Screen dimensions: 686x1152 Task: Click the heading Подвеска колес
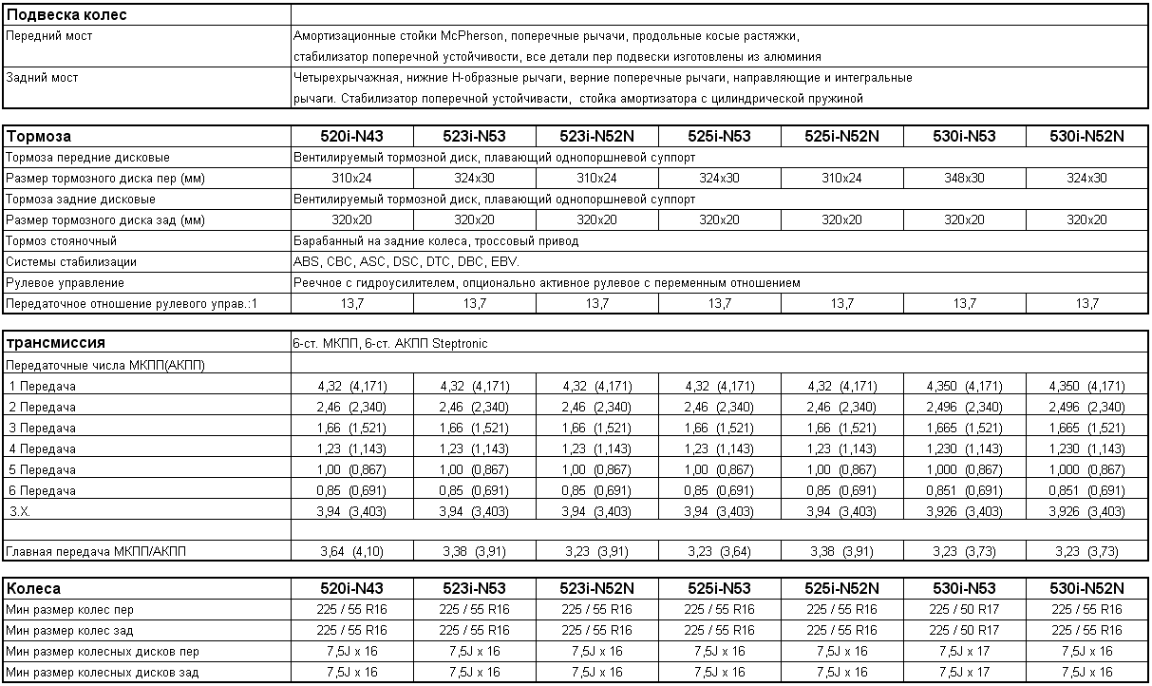pos(66,14)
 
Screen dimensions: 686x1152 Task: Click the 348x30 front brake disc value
pos(964,179)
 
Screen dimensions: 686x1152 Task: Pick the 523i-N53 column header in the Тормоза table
pos(475,136)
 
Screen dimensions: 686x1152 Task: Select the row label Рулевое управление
pos(66,283)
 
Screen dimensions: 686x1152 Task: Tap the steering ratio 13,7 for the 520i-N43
pos(352,304)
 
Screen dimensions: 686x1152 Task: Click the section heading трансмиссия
pos(56,343)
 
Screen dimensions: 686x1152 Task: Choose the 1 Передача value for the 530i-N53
pos(965,387)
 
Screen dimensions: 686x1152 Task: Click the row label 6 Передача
pos(42,491)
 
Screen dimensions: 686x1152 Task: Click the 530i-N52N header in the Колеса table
pos(1086,588)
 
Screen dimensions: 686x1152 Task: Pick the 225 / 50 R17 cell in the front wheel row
pos(964,609)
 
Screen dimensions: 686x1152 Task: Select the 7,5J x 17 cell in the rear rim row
pos(964,673)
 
